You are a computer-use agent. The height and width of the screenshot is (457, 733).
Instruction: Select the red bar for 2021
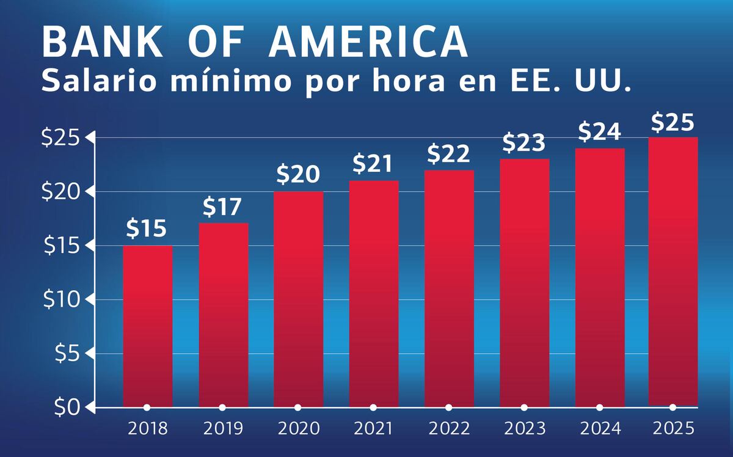coord(373,293)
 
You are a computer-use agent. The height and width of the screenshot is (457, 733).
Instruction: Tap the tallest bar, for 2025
coord(673,271)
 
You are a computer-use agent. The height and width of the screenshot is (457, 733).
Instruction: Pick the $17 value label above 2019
coord(223,208)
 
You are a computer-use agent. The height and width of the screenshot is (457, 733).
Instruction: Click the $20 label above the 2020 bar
coord(298,175)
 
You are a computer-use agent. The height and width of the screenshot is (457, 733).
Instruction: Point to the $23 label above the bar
coord(524,143)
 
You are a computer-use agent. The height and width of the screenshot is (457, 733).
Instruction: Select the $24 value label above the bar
coord(599,132)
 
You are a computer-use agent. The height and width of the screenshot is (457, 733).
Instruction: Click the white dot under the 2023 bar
coord(524,408)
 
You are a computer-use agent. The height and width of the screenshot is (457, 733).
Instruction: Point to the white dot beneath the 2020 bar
coord(298,408)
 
